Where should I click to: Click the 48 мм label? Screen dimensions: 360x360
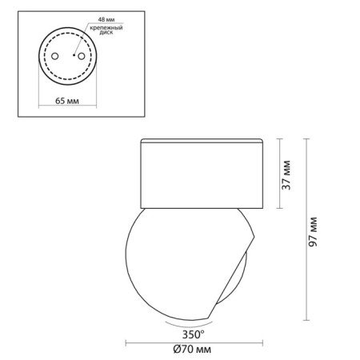click(106, 19)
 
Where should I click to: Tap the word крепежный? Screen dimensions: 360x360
click(106, 28)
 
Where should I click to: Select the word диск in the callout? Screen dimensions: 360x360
click(106, 33)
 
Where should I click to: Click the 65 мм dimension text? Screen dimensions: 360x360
click(67, 101)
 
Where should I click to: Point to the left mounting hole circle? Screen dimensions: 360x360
click(55, 56)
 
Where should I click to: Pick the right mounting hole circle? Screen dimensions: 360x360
click(81, 56)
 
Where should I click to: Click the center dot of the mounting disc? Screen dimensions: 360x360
click(74, 55)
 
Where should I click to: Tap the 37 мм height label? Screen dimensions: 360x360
click(286, 175)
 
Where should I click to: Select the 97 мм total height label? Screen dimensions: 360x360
click(313, 232)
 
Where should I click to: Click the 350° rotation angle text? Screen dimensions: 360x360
click(194, 334)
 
